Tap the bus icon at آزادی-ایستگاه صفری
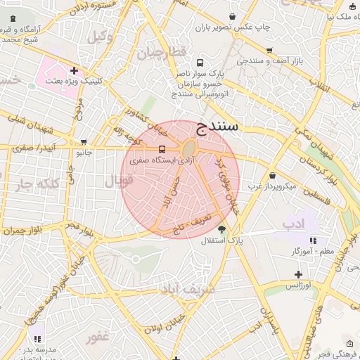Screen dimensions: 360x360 (162, 149)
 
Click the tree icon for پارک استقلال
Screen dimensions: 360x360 (222, 229)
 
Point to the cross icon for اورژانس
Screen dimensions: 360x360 (298, 274)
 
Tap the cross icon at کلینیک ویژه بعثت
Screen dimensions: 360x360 (74, 70)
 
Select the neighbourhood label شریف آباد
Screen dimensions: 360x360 (181, 288)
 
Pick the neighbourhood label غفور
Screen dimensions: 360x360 (98, 337)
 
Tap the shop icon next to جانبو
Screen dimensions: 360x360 (84, 141)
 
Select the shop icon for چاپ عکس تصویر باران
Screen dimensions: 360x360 (233, 16)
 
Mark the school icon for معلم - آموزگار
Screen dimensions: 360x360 (313, 240)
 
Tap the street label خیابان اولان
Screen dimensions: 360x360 (155, 321)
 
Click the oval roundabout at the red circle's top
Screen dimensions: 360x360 (188, 149)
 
